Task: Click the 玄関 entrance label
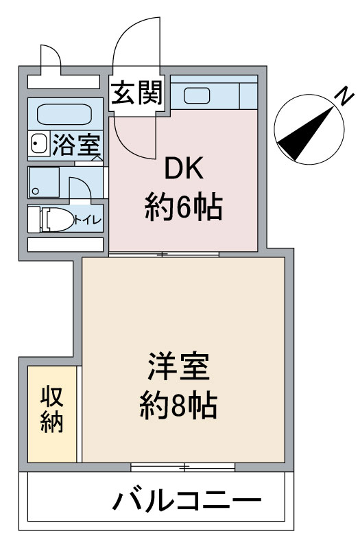(x=138, y=93)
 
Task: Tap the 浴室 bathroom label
(x=76, y=145)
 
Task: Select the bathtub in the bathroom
(x=64, y=114)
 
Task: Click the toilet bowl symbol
(x=58, y=220)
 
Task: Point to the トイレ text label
(x=88, y=220)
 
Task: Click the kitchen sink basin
(x=197, y=95)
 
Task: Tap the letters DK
(x=184, y=168)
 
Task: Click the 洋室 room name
(x=178, y=366)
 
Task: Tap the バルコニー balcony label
(x=187, y=501)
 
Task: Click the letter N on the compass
(x=344, y=96)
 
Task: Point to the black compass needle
(x=304, y=135)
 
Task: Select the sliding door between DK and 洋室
(x=164, y=254)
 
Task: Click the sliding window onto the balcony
(x=183, y=467)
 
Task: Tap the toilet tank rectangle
(x=34, y=220)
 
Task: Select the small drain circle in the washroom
(x=35, y=191)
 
